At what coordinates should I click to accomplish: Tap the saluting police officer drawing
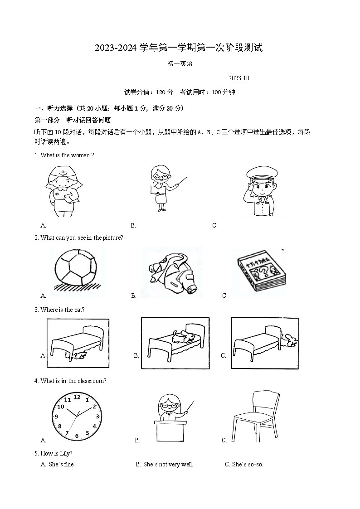261,190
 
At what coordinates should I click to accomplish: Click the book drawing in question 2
261,272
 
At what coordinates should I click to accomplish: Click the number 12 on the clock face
77,398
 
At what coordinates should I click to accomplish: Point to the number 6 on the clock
77,436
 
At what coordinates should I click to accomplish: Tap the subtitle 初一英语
180,64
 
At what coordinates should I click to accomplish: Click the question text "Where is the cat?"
62,310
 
